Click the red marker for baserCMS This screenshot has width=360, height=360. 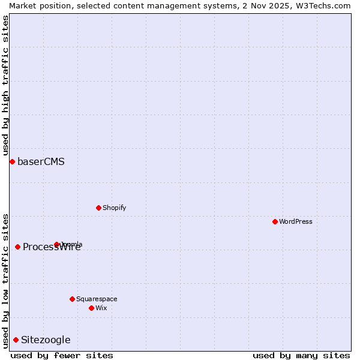12,161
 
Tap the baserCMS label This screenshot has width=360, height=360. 41,162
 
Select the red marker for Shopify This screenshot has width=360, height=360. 98,208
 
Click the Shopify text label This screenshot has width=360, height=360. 114,208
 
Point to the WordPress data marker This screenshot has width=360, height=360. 275,221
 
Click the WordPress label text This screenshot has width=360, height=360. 296,222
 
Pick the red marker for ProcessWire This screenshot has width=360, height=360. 17,247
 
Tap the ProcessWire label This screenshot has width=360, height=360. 52,247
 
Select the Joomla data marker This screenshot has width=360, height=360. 57,244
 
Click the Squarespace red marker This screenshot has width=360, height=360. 72,299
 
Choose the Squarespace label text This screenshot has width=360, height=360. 97,299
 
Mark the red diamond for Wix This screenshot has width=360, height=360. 91,308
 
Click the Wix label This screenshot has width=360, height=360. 101,308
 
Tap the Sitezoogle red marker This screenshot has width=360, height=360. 16,340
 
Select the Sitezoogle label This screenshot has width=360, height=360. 46,340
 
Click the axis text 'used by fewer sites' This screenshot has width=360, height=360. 62,355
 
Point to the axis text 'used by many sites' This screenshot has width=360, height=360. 301,355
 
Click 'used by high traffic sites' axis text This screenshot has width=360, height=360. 5,85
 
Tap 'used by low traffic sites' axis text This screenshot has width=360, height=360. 5,281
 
